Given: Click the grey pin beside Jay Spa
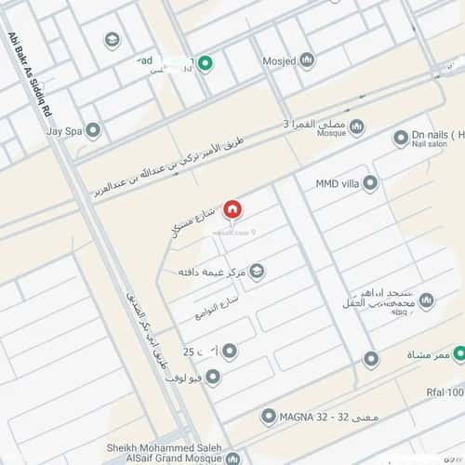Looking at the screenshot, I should tap(93, 131).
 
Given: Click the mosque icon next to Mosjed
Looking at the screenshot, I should tap(306, 60).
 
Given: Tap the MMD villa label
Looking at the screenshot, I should tap(338, 182).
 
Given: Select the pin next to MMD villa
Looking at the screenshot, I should tap(370, 182).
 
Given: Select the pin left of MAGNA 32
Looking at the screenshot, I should tap(269, 416).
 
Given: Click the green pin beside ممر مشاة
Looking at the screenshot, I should tap(395, 356).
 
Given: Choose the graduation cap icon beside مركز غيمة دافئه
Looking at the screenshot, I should tap(258, 272).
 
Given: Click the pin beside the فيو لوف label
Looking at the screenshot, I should tap(212, 377).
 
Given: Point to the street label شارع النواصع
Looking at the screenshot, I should tap(217, 309).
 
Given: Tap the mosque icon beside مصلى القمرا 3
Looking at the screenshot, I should tap(356, 126).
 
